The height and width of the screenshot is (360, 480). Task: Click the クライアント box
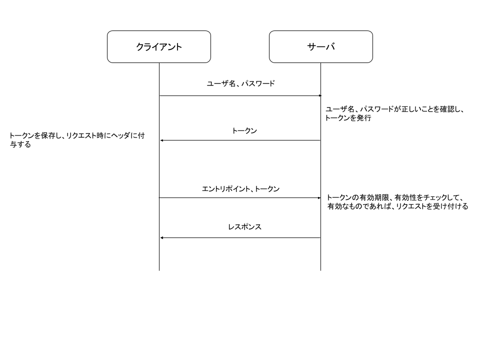tap(159, 47)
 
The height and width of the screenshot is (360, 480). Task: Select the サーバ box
tap(320, 47)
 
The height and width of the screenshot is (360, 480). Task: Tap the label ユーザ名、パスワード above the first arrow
tap(240, 84)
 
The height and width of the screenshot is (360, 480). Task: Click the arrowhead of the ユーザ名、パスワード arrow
tap(319, 95)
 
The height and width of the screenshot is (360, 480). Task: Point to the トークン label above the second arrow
tap(244, 131)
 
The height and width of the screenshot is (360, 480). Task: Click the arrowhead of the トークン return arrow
tap(161, 140)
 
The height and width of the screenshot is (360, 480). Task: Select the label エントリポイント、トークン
tap(240, 189)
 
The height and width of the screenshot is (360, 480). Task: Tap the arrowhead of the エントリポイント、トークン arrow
tap(319, 198)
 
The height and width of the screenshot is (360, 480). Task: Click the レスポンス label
tap(244, 227)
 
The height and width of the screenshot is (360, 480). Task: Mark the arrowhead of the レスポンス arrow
tap(161, 237)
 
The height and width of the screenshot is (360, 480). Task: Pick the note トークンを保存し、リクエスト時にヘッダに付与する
tap(76, 140)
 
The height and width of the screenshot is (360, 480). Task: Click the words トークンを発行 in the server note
tap(348, 119)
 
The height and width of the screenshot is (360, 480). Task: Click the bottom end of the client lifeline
tap(159, 270)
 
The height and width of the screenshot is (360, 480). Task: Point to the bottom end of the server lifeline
tap(320, 270)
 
